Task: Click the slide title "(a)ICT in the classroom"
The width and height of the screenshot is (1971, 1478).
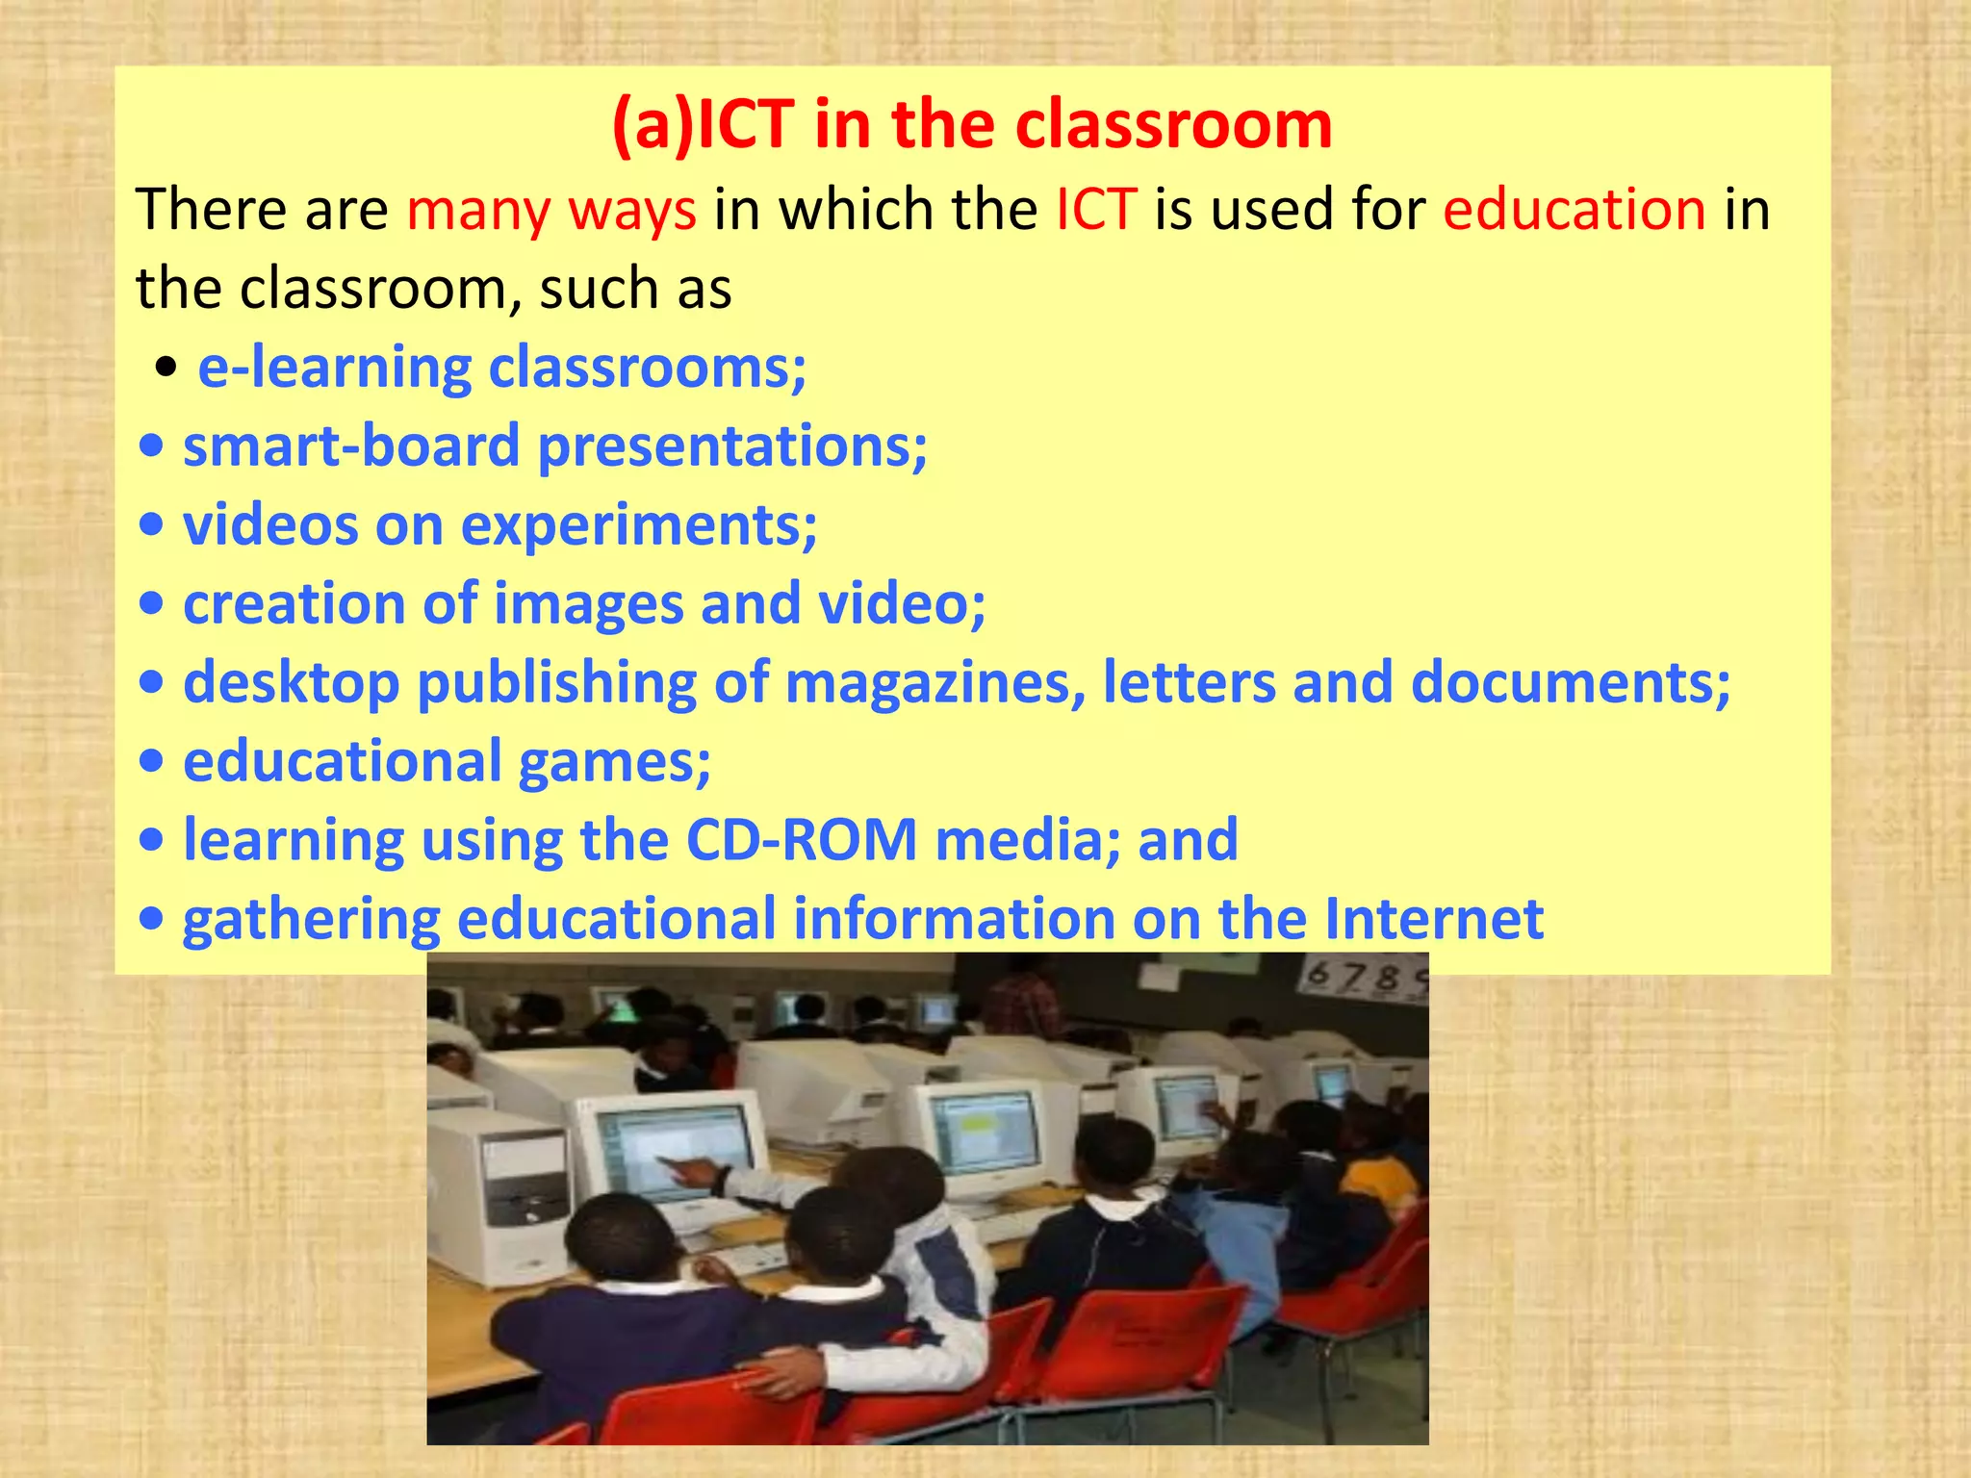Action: click(972, 125)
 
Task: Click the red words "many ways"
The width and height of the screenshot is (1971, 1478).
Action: click(550, 209)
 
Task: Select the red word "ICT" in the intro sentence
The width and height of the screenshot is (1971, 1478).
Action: click(1096, 209)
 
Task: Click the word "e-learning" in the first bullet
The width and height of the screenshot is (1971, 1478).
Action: click(334, 368)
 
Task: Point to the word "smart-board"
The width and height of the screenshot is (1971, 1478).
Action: click(351, 446)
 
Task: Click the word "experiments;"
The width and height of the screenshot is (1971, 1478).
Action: click(639, 526)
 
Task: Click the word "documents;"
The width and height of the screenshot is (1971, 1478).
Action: click(1571, 682)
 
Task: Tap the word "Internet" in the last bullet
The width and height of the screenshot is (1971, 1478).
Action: click(1434, 919)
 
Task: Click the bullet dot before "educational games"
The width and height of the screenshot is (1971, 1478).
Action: click(151, 762)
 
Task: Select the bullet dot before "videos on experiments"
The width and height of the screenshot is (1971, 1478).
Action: click(151, 526)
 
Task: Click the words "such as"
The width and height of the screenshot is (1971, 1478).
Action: click(635, 288)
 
